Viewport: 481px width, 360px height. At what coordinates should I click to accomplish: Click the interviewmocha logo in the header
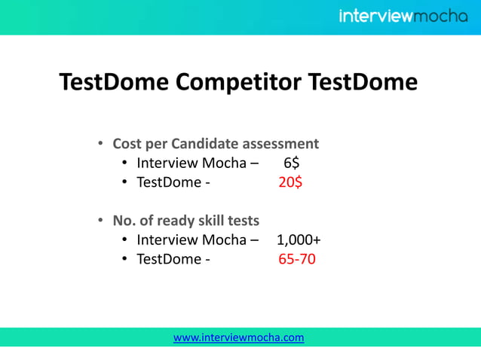click(403, 16)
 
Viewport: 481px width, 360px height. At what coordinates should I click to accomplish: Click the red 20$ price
click(290, 182)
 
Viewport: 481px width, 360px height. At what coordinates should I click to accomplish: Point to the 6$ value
click(291, 163)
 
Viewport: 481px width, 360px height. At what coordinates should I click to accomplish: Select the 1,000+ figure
click(299, 240)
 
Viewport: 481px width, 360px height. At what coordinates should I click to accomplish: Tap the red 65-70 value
click(296, 259)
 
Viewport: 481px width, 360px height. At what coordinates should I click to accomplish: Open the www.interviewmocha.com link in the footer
click(239, 337)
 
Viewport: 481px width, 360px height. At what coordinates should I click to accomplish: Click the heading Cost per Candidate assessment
click(216, 143)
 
